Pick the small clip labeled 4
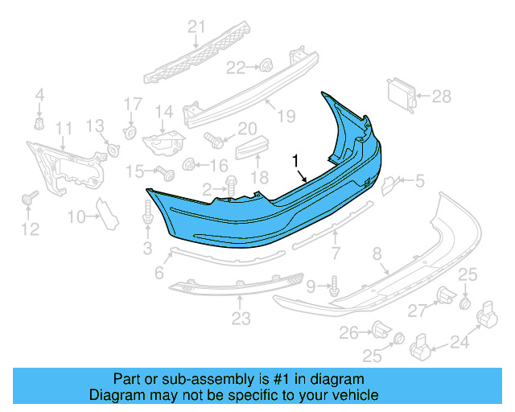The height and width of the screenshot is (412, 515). coord(39,123)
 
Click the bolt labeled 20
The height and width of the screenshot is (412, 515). coord(215,138)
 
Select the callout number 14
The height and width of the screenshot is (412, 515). coord(164,112)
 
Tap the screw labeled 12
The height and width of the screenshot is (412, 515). coord(33,197)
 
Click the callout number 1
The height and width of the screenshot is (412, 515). coord(297,159)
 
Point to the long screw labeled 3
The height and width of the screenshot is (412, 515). coord(147,213)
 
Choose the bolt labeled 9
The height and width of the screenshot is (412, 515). coord(334,284)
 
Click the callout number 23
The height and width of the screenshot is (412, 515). coord(241,319)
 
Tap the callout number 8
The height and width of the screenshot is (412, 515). coord(377,255)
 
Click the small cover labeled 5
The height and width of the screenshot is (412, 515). coord(387,184)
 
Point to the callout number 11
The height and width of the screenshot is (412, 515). coord(63,128)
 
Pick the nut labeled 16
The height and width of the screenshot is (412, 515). coord(189,166)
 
